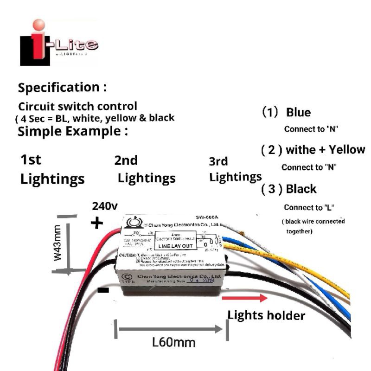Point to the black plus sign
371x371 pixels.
coord(96,224)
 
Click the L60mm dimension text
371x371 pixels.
coord(173,343)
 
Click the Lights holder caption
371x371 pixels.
coord(266,315)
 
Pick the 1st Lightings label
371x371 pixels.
coord(52,170)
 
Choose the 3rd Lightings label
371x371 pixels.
coord(235,169)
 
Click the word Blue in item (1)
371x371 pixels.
coord(298,113)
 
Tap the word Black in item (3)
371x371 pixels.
coord(301,189)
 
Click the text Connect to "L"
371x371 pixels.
coord(309,207)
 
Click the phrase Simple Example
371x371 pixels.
coord(72,131)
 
